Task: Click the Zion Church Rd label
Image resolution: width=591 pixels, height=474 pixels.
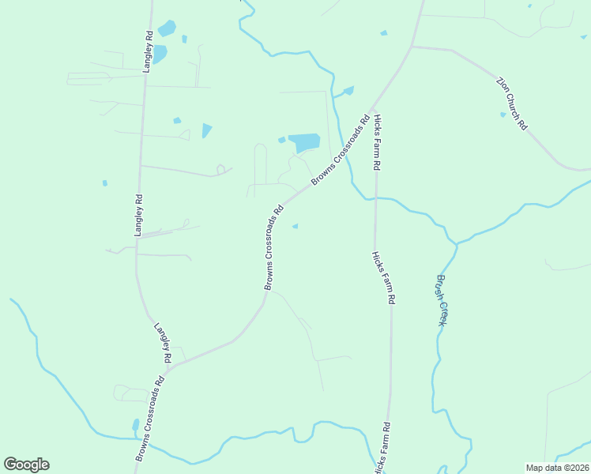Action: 511,103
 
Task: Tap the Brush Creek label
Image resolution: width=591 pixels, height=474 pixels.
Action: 442,300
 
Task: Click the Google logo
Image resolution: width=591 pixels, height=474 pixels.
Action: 26,464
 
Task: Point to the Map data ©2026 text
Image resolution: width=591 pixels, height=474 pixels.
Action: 556,468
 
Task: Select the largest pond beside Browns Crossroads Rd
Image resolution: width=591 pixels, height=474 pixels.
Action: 304,143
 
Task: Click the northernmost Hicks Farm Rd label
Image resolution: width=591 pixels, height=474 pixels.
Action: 378,143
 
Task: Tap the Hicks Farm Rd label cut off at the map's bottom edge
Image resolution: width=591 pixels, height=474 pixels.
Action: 382,448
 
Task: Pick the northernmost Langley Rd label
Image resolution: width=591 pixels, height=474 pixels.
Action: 148,52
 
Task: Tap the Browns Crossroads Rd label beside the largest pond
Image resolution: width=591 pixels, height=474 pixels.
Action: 341,152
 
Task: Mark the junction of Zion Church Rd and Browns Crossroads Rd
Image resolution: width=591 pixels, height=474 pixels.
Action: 411,47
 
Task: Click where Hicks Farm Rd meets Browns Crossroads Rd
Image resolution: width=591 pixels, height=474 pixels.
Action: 375,106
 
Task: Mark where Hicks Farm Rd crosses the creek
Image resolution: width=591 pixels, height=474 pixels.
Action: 375,197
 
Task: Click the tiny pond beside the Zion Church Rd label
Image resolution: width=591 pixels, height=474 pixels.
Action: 503,115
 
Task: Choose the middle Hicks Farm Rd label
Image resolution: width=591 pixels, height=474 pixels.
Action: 383,278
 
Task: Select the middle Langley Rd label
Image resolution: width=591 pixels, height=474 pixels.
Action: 138,216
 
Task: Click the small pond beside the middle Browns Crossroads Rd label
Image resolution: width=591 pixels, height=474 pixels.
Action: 295,227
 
